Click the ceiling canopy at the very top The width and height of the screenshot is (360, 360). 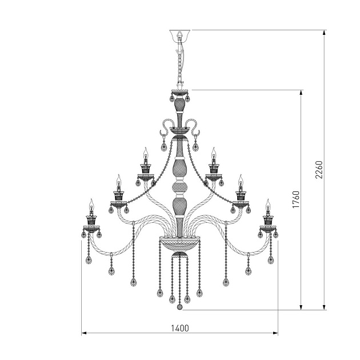179,35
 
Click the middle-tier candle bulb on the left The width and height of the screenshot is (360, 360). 119,182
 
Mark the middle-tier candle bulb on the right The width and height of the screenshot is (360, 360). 240,182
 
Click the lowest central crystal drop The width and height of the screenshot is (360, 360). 179,307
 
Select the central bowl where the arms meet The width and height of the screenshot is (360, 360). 179,243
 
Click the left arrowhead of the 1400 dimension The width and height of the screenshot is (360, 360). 84,333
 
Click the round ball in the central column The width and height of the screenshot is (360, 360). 179,188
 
